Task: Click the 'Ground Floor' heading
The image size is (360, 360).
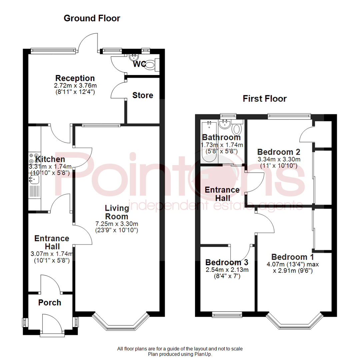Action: click(x=92, y=18)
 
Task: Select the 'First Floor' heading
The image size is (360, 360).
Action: click(x=265, y=99)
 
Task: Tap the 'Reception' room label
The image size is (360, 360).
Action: click(x=75, y=78)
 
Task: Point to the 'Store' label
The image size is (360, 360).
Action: click(x=143, y=95)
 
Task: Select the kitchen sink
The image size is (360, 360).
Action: click(x=34, y=180)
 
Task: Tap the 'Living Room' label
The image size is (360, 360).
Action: click(x=117, y=212)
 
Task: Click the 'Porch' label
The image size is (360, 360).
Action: click(x=50, y=303)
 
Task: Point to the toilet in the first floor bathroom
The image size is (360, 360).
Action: click(x=238, y=128)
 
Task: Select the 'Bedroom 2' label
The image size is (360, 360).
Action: click(x=279, y=152)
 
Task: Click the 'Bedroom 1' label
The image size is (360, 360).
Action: click(x=289, y=257)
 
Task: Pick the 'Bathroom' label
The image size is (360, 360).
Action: click(x=221, y=137)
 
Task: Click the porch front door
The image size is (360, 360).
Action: click(x=50, y=325)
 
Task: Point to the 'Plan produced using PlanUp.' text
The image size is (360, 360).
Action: click(x=180, y=354)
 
